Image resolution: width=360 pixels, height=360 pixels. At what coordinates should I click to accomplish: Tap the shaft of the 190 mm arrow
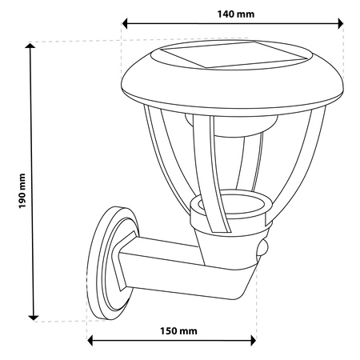point(33,120)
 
